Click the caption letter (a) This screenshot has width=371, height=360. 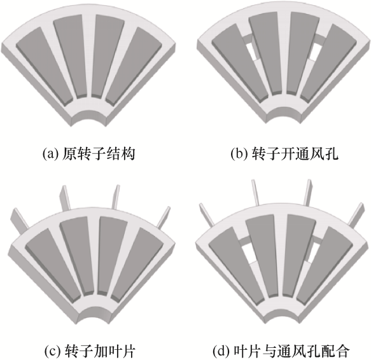(x=50, y=154)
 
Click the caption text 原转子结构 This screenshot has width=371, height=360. (x=99, y=154)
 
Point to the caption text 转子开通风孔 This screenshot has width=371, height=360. (x=295, y=154)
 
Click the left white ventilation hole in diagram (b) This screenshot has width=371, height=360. (x=251, y=52)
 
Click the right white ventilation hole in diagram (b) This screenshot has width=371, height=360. (x=314, y=52)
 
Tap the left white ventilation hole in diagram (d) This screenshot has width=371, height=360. (x=248, y=253)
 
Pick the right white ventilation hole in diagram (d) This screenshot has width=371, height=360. (x=311, y=253)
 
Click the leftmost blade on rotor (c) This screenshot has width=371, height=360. (x=20, y=219)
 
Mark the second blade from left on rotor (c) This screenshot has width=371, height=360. (x=65, y=198)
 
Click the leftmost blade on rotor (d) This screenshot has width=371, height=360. (x=207, y=215)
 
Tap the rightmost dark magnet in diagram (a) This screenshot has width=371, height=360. (x=134, y=66)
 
